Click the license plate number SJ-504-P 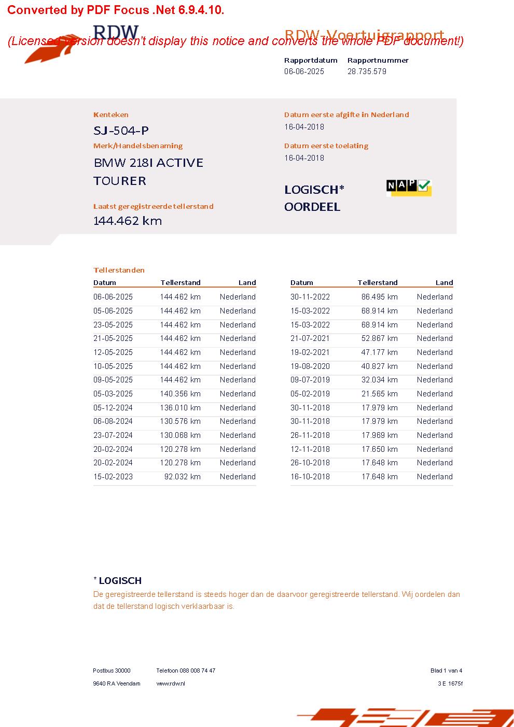point(121,131)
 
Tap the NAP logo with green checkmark point(409,187)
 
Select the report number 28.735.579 point(367,72)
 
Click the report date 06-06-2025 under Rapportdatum point(304,72)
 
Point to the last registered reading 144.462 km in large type point(128,221)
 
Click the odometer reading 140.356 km point(180,394)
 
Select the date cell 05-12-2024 point(113,408)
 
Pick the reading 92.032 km point(182,477)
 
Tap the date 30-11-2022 point(310,297)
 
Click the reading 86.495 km point(379,297)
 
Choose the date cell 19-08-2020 point(310,366)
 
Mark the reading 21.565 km point(379,394)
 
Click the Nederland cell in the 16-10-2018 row point(435,477)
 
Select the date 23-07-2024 point(113,435)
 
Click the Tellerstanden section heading point(119,270)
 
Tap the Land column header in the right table point(444,282)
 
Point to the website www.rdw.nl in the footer point(171,683)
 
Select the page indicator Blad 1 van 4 point(446,671)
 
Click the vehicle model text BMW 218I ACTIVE point(148,163)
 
